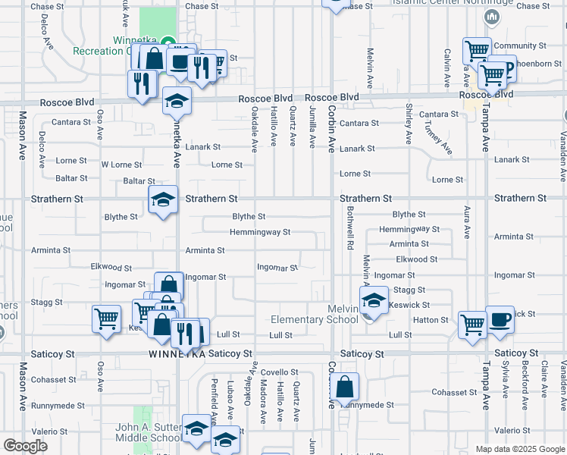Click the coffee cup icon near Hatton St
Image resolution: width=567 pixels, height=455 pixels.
(500, 320)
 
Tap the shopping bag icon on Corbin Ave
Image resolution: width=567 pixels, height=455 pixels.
(344, 388)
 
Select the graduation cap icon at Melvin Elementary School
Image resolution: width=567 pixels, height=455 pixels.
(374, 300)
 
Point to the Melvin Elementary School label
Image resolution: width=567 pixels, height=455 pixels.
(342, 314)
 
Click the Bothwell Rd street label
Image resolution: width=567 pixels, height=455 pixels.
(351, 236)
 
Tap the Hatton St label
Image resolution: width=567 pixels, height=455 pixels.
(431, 320)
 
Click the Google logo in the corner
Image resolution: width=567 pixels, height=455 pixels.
(25, 446)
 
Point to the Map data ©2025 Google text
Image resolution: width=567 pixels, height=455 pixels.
(519, 449)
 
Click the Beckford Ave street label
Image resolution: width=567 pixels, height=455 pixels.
(525, 385)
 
